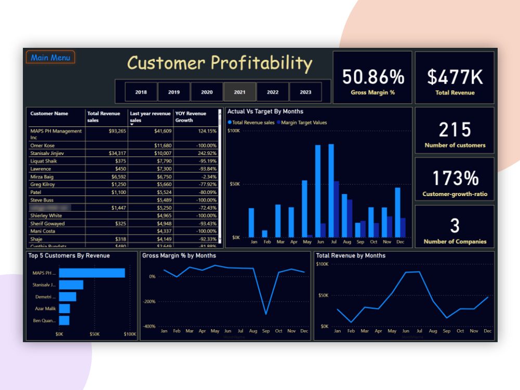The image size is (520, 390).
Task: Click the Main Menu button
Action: click(x=50, y=57)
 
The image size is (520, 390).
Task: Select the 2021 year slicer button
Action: click(x=240, y=92)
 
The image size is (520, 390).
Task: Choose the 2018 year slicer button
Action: click(x=141, y=92)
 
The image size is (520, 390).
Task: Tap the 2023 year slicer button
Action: click(x=306, y=92)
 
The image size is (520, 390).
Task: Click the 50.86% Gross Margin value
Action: click(x=373, y=77)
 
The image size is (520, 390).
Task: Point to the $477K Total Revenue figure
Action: click(x=455, y=77)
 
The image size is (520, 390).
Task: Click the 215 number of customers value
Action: click(x=455, y=129)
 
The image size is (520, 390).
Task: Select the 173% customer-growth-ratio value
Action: click(x=455, y=178)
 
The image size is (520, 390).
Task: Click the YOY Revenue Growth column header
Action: click(x=191, y=116)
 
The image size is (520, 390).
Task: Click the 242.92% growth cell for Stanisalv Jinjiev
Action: click(x=204, y=153)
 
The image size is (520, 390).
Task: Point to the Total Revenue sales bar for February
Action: click(x=265, y=233)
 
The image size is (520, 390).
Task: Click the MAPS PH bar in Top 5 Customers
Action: click(x=92, y=273)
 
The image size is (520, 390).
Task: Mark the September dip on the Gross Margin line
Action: click(x=266, y=314)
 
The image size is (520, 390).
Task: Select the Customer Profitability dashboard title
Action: click(x=219, y=63)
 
